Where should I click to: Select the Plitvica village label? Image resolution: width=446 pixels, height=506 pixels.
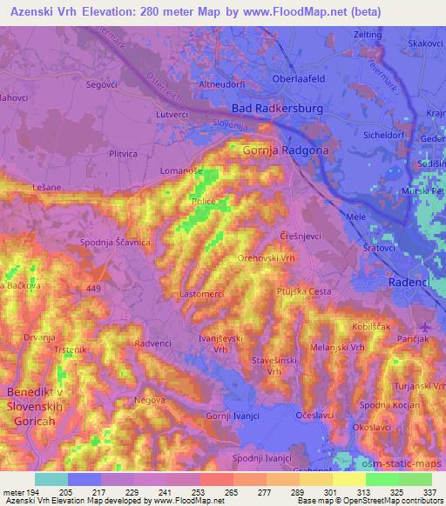pos(122,153)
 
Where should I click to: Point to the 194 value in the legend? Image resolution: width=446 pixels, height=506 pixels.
pos(33,491)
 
